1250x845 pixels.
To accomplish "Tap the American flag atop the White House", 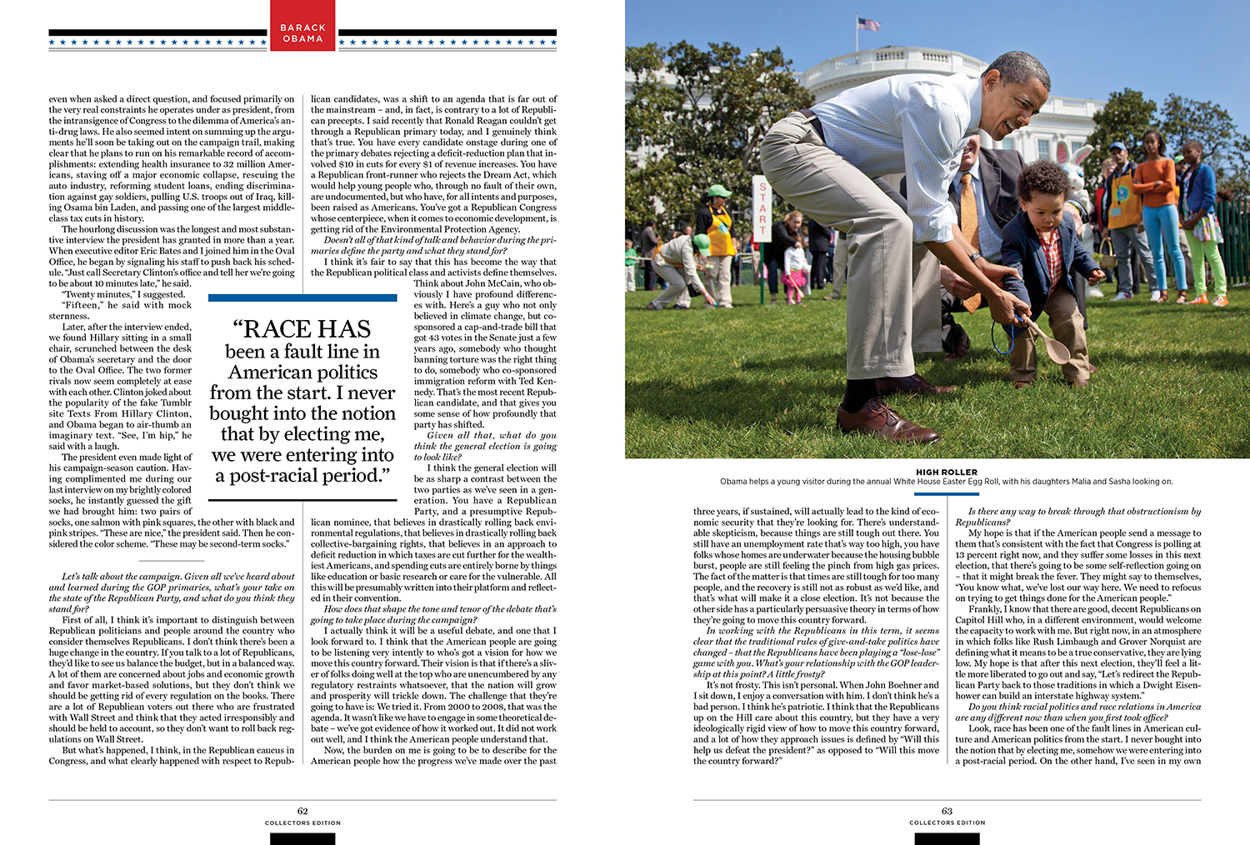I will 868,24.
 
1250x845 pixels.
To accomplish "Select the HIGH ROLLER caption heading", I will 947,472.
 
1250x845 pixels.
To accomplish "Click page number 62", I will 302,811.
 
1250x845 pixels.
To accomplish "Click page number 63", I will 947,811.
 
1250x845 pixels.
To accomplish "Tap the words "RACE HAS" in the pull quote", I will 302,329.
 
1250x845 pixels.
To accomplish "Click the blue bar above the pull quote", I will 302,297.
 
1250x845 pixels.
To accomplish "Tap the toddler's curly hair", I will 1042,179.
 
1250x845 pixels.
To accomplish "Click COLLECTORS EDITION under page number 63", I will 947,822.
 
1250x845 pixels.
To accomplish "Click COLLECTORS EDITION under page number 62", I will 302,822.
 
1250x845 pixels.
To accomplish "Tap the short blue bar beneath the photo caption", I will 947,494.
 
